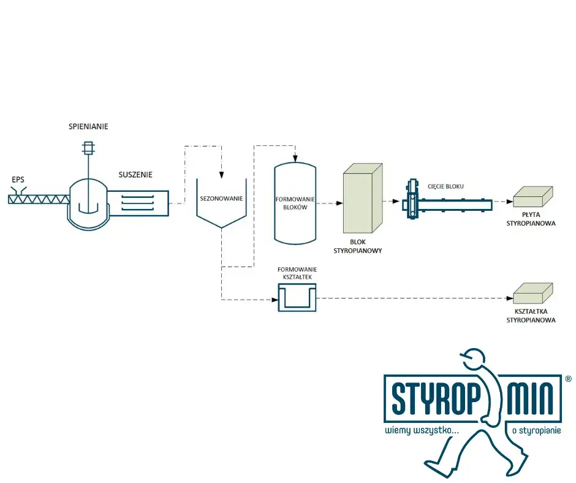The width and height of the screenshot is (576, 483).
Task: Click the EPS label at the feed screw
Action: tap(17, 180)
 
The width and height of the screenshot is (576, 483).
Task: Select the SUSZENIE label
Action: tap(135, 175)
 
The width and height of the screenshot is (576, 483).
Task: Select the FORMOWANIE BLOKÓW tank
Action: tap(295, 203)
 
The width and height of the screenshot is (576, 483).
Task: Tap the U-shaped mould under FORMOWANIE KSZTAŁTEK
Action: tap(297, 299)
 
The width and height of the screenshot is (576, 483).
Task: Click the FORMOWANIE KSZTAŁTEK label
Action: tap(297, 273)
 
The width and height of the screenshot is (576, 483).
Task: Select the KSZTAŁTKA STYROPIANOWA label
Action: tap(531, 316)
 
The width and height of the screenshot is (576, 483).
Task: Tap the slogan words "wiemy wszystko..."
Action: tap(422, 431)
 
